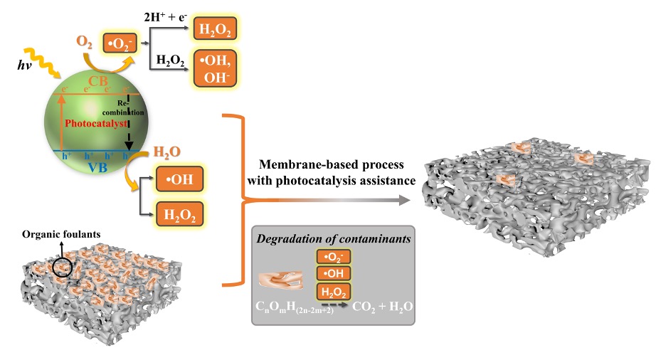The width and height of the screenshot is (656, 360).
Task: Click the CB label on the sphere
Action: (103, 80)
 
